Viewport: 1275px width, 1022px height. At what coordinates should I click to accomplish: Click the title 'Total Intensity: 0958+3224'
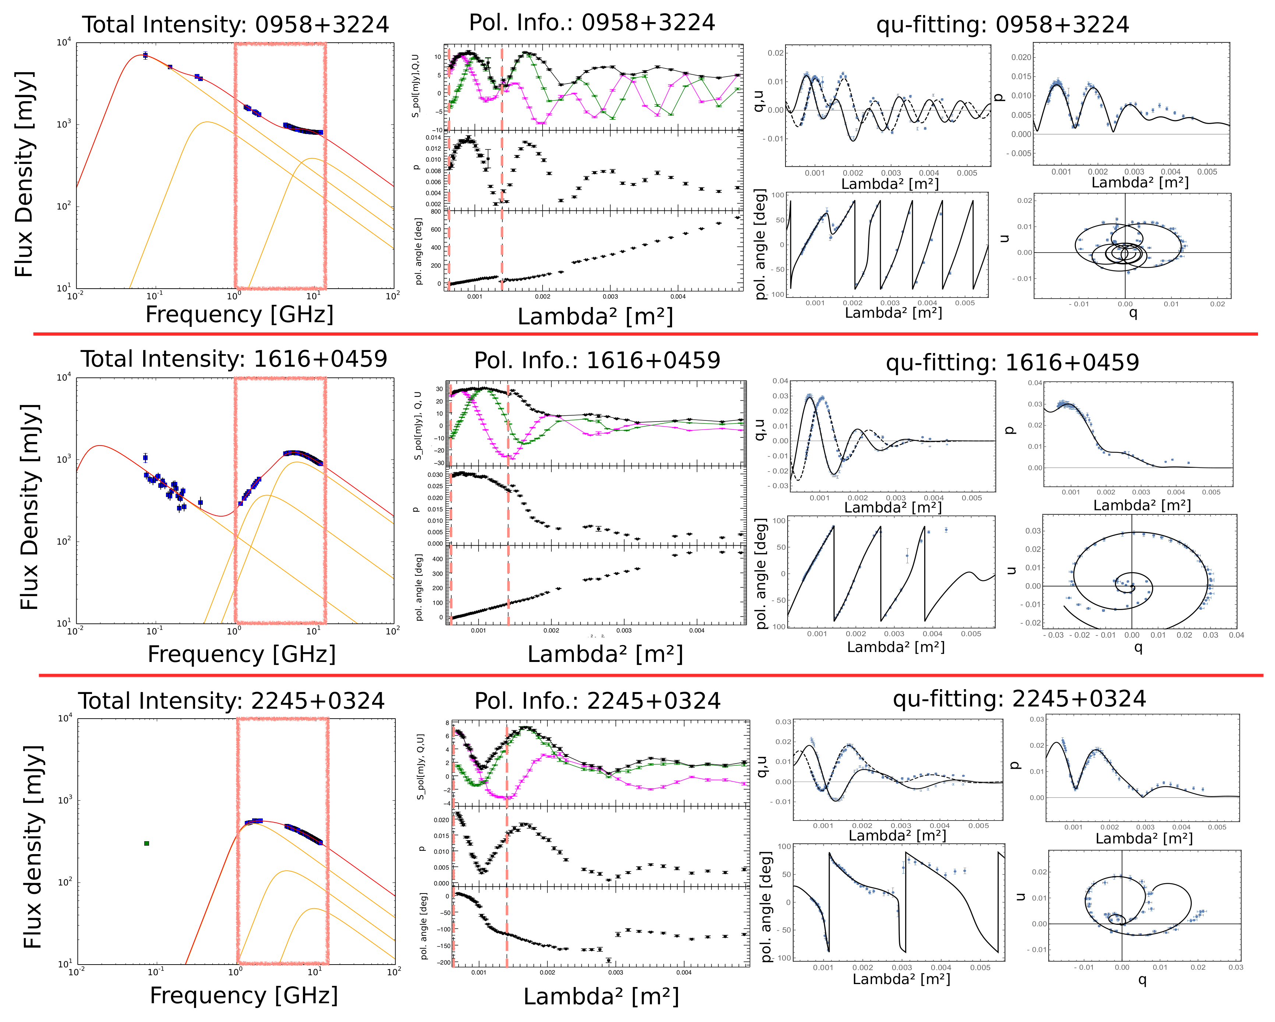[x=235, y=25]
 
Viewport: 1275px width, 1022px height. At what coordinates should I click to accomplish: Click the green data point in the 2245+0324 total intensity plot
[x=146, y=843]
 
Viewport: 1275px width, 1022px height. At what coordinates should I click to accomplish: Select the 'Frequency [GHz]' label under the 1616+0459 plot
[x=241, y=654]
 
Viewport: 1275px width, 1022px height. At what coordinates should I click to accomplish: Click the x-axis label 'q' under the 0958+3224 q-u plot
[x=1133, y=312]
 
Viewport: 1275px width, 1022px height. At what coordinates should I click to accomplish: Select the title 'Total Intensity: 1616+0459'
[x=234, y=359]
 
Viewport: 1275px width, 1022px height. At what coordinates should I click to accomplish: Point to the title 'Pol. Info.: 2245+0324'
[x=597, y=701]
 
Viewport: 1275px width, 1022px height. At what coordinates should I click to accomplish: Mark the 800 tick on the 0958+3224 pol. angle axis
[x=436, y=211]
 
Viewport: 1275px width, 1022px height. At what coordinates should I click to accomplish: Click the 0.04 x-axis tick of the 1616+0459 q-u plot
[x=1236, y=635]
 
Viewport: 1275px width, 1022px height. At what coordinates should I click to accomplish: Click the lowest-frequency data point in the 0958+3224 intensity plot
[x=145, y=56]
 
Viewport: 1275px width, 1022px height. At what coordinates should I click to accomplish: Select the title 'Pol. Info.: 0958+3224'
[x=592, y=22]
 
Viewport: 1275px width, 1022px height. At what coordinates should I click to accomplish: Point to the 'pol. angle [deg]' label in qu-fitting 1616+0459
[x=762, y=574]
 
